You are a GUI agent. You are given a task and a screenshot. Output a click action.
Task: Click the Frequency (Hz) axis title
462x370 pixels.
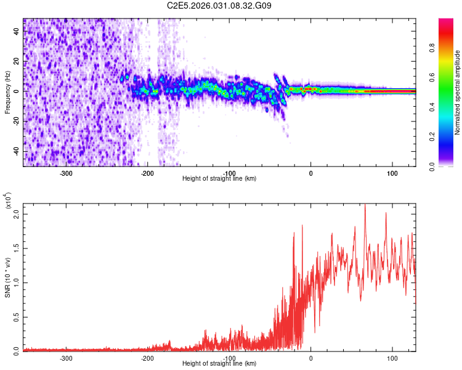point(7,92)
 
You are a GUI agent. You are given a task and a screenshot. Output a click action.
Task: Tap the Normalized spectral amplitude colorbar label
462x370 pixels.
point(458,92)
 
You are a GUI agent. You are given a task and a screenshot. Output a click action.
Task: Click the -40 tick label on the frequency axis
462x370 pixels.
point(16,151)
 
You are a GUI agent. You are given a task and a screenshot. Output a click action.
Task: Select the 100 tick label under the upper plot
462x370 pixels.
point(392,173)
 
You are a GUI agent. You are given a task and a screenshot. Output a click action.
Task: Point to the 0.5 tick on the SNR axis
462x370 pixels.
point(16,316)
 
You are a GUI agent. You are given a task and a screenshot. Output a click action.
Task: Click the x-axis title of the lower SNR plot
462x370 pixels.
point(219,364)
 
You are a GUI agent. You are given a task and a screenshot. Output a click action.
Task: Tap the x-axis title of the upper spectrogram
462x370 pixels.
point(219,179)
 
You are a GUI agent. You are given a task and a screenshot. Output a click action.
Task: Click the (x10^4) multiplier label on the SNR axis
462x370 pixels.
point(7,201)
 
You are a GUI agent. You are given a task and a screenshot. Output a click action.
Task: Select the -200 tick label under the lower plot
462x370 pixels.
point(147,358)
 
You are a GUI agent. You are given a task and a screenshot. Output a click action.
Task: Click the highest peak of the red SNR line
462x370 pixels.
point(365,205)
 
